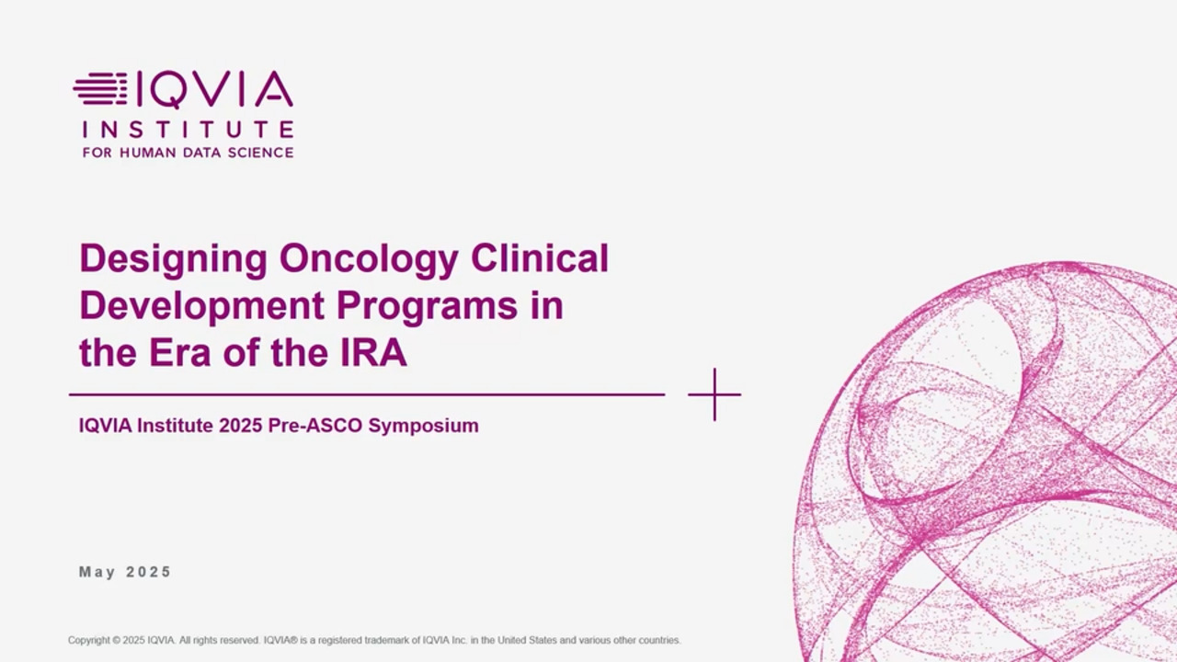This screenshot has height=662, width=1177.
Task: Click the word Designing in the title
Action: [174, 260]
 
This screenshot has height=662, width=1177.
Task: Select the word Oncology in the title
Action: [369, 260]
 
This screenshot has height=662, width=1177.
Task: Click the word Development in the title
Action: [202, 307]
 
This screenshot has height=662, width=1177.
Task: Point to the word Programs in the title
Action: [428, 307]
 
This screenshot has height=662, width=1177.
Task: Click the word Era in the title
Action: [179, 352]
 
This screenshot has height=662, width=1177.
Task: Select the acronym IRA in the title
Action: [373, 352]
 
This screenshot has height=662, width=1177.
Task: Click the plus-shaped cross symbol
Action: [714, 394]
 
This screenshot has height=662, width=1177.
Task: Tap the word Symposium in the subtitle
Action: [424, 426]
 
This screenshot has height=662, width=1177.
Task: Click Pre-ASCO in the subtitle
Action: [315, 426]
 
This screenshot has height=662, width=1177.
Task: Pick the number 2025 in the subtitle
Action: [241, 426]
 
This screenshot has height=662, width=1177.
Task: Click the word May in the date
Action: [97, 572]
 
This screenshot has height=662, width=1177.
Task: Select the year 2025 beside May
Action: [148, 572]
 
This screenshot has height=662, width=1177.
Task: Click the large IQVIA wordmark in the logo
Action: [214, 89]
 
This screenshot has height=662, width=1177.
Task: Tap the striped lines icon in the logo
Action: [100, 89]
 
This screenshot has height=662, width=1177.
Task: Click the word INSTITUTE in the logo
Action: [189, 130]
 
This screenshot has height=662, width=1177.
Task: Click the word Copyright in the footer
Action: [89, 641]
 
